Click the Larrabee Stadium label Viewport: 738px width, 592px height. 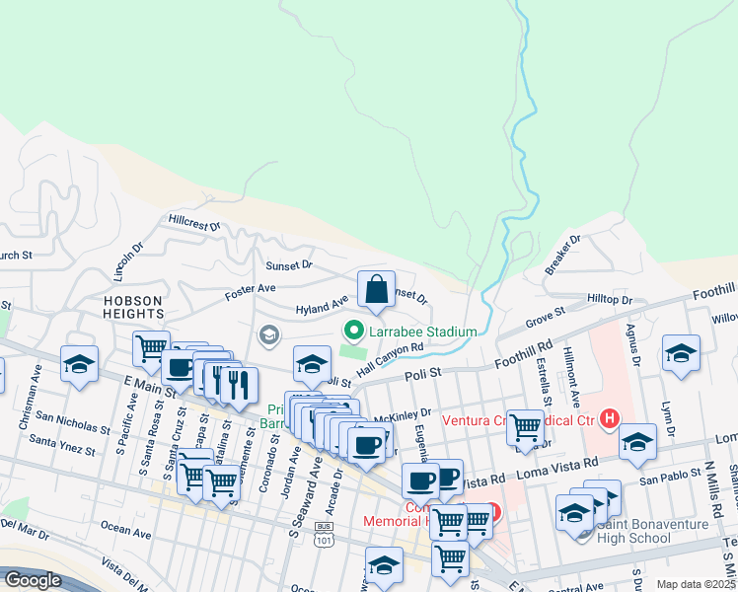(x=423, y=332)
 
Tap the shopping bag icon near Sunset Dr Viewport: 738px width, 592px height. (x=376, y=290)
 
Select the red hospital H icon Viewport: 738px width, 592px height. (x=610, y=418)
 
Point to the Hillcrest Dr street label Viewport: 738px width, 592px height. (x=194, y=224)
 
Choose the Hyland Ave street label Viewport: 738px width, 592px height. (x=323, y=308)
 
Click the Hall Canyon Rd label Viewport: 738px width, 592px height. (x=390, y=359)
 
